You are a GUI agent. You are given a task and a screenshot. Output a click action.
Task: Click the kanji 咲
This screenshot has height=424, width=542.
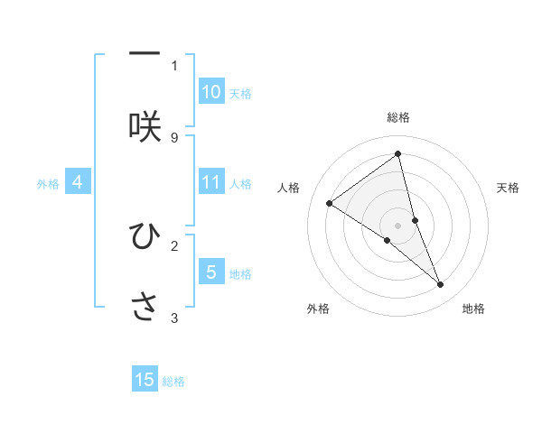pos(145,126)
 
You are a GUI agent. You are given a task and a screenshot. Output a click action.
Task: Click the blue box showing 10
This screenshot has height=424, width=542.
pos(211,92)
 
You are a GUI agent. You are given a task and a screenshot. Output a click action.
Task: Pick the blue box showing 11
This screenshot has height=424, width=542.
pos(211,182)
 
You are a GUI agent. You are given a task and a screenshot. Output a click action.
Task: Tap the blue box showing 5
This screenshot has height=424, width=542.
pos(211,272)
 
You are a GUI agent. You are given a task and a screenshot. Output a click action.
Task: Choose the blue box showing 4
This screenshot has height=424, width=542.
pos(78,182)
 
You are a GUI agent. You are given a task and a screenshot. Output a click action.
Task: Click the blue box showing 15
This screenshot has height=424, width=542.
pos(145,380)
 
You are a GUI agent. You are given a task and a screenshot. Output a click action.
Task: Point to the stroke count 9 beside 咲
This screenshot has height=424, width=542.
pos(174,137)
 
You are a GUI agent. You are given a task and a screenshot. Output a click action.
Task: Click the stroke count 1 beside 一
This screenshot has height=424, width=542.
pos(174,65)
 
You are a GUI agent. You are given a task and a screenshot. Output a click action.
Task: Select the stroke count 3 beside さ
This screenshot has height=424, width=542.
pos(174,318)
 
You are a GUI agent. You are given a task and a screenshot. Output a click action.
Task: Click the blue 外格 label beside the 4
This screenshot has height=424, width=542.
pos(48,184)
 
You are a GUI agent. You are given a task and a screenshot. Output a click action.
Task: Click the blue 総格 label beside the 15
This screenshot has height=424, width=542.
pos(173,382)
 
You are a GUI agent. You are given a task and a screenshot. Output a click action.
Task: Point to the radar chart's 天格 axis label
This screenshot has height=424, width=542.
pos(509,188)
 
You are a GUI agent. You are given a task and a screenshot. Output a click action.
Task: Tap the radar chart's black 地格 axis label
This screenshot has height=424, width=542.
pos(473,309)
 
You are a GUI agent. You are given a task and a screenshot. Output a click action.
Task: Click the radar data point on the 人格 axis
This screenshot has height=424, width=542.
pos(330,203)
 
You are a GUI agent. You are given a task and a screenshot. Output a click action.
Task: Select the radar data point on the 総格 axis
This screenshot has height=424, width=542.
pos(397,154)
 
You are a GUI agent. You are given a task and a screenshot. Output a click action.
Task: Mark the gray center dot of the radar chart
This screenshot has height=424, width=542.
pos(397,225)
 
